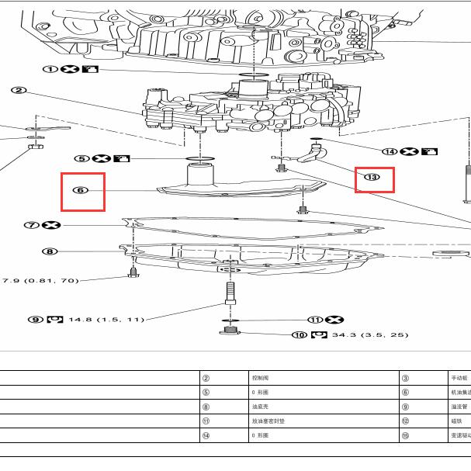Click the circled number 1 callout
pos(50,69)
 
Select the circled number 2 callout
pos(19,91)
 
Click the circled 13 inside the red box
pos(373,178)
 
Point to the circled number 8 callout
pos(49,251)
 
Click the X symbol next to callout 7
pos(53,225)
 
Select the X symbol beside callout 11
pos(334,319)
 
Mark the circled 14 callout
pos(389,151)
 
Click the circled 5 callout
pos(81,158)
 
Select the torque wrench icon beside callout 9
pos(54,319)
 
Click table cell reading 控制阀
pos(261,378)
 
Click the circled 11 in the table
pos(206,421)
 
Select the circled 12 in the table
pos(405,421)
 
